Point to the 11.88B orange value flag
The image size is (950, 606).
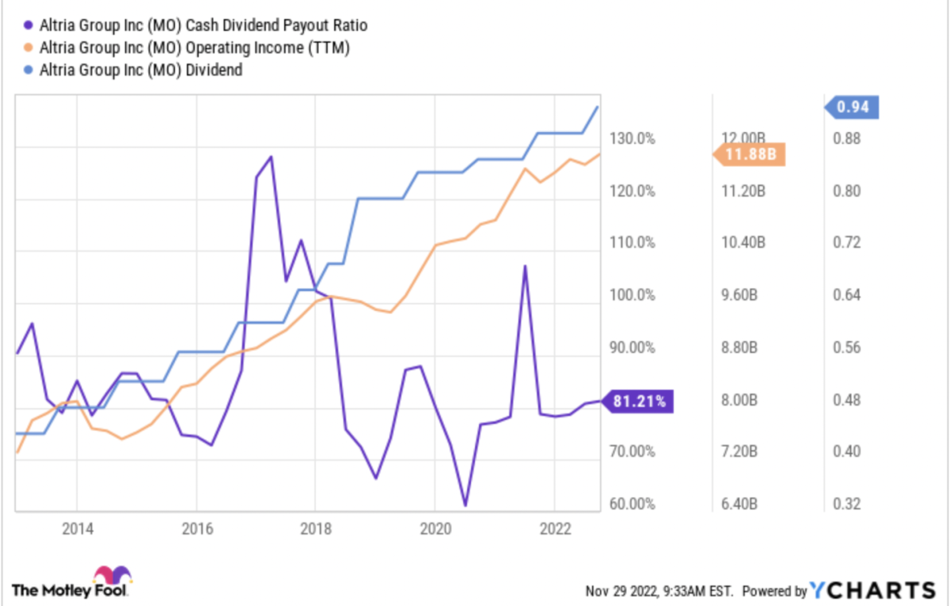[749, 154]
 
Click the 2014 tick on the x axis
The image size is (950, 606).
[77, 528]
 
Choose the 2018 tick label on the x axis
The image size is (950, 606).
[315, 528]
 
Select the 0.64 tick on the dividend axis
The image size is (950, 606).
[845, 295]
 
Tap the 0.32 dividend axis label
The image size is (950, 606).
[845, 504]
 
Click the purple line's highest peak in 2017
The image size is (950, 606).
[272, 157]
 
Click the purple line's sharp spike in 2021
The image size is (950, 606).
[524, 267]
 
